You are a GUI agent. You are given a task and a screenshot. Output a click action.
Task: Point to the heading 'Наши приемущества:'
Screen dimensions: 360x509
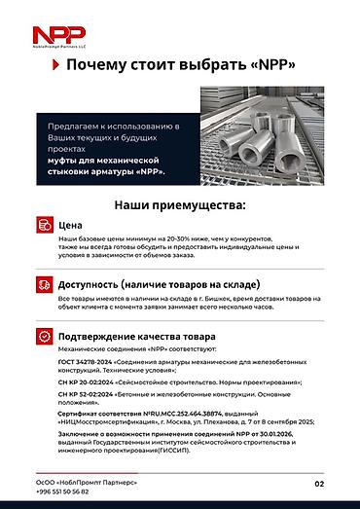tap(180, 205)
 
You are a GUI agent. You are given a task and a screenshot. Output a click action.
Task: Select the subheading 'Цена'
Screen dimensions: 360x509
tap(72, 223)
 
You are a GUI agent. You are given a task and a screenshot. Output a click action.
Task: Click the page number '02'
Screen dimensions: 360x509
tap(319, 483)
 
